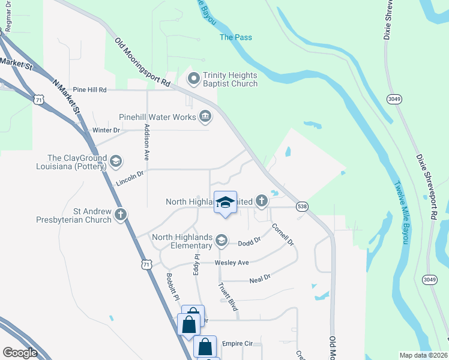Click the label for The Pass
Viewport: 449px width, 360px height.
point(235,37)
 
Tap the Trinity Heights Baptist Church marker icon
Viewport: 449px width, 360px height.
point(194,79)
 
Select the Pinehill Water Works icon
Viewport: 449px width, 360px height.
point(205,116)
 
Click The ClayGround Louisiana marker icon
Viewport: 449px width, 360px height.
point(116,161)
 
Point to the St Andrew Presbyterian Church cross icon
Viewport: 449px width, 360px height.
point(121,214)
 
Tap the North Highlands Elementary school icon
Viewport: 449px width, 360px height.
point(221,241)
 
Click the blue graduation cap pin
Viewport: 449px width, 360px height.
point(225,203)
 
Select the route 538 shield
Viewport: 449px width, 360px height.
point(302,206)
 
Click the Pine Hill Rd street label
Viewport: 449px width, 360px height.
point(89,89)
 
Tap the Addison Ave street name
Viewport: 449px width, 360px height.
point(146,142)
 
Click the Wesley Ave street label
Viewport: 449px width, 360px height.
point(232,263)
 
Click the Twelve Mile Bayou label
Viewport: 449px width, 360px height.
point(400,212)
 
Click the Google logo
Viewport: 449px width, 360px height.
point(20,353)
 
